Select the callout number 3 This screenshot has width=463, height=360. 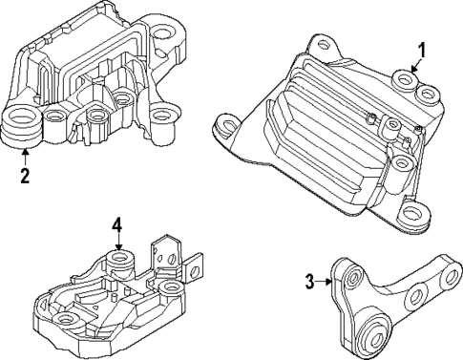pyautogui.click(x=310, y=281)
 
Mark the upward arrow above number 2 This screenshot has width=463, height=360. pyautogui.click(x=24, y=155)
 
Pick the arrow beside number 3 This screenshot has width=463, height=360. pyautogui.click(x=326, y=281)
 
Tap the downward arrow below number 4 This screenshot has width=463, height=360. pyautogui.click(x=117, y=243)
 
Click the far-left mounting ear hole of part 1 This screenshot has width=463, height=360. pyautogui.click(x=229, y=123)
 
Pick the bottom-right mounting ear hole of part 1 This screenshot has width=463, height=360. pyautogui.click(x=412, y=216)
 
